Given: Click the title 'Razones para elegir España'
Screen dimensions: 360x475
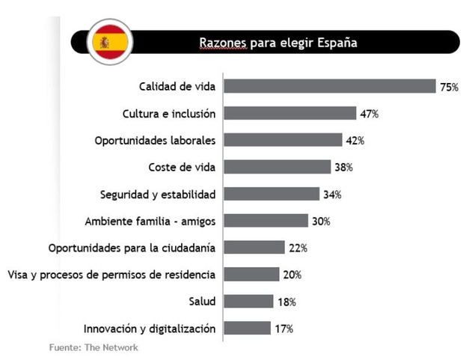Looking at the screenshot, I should tap(278, 42).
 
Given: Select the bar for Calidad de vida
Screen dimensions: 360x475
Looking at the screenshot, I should tap(330, 86).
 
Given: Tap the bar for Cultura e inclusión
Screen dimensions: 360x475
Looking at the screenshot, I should tap(290, 114).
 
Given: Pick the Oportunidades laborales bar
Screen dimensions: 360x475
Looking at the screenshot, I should tap(283, 140).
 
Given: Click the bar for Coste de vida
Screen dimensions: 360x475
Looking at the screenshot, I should tap(278, 167).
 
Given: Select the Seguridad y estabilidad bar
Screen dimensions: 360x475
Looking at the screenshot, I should tap(272, 194).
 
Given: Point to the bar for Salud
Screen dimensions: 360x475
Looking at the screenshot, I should tap(249, 301).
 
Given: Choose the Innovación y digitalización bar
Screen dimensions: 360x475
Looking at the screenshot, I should tap(248, 328).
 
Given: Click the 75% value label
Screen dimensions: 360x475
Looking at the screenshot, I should tap(449, 87).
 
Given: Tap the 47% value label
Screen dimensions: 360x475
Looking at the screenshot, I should tap(370, 114).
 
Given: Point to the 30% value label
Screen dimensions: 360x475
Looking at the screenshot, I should tap(322, 221).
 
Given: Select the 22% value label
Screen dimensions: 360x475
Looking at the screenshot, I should tap(298, 248).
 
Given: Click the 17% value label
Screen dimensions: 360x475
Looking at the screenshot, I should tap(284, 328).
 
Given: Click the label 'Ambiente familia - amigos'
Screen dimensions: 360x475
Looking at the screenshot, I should tap(150, 221).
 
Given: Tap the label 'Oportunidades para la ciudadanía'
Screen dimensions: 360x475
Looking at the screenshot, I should tap(132, 248).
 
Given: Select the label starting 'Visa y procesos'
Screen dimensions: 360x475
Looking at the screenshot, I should tap(111, 274).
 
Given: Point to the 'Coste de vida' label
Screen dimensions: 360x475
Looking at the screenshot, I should tap(183, 167).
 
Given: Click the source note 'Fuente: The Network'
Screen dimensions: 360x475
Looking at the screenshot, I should tap(94, 347).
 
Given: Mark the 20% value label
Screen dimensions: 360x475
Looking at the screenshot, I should tap(292, 275).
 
